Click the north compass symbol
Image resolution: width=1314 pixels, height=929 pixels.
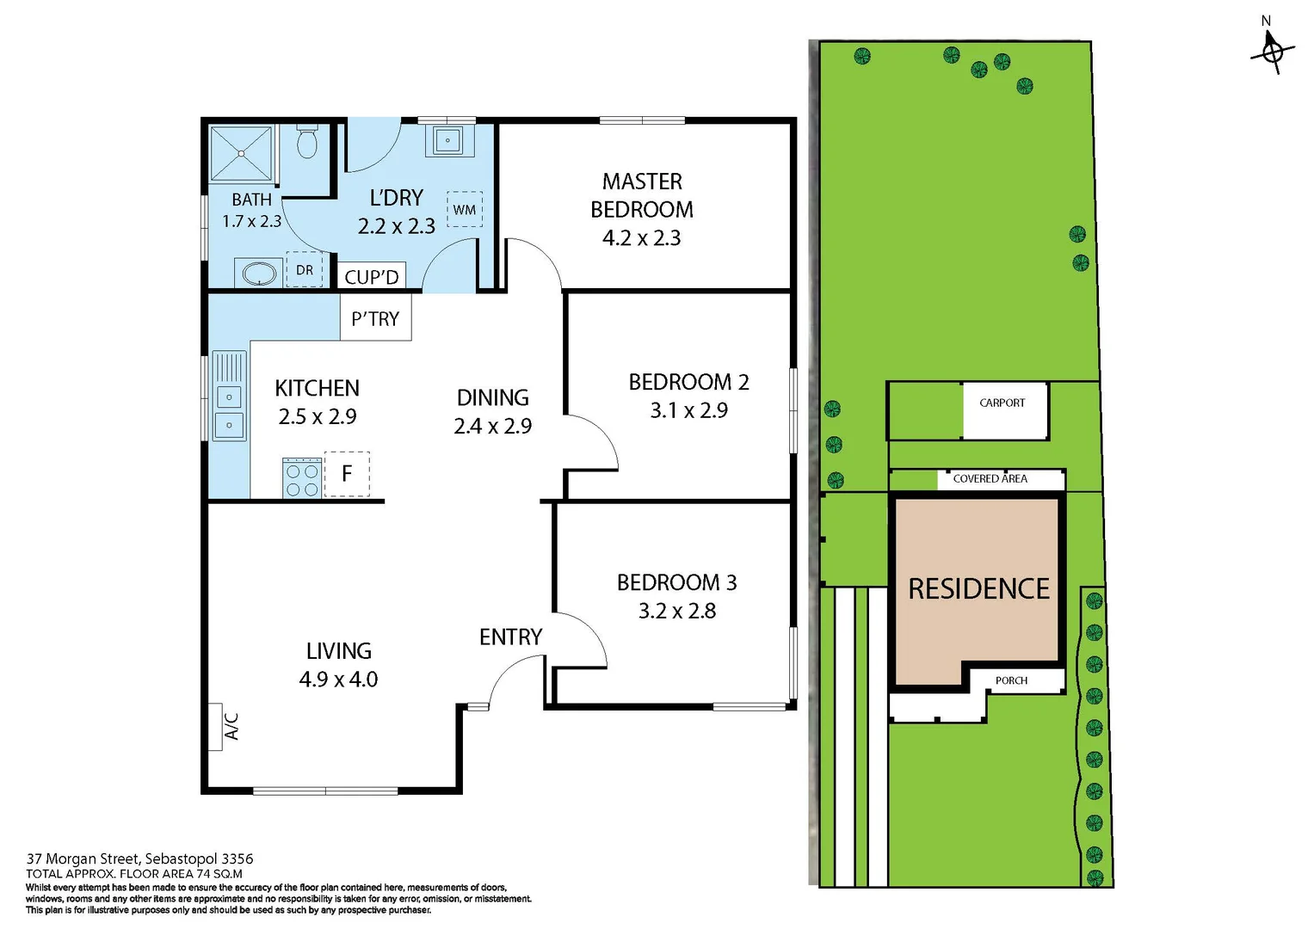[x=1272, y=50]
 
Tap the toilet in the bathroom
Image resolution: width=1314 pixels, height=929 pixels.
[x=307, y=142]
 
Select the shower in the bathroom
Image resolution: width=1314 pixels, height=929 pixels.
[x=242, y=154]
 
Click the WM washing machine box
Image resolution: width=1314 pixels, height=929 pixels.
[x=465, y=209]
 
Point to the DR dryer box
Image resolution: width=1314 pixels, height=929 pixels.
[x=305, y=269]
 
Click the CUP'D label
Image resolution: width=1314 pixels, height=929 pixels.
[x=371, y=277]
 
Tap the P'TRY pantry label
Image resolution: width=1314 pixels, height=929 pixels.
[x=375, y=318]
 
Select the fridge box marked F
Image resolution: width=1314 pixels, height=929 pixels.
[x=347, y=473]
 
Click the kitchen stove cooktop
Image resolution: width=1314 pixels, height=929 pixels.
[x=302, y=478]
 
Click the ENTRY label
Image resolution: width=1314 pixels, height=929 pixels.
[x=510, y=637]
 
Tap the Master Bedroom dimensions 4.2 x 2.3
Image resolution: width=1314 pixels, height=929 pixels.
[x=641, y=238]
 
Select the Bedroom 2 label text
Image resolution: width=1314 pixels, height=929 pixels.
[x=688, y=382]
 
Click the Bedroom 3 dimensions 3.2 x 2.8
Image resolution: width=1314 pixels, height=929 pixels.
[x=676, y=611]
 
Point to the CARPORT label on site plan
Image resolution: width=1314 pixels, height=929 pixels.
[x=1002, y=403]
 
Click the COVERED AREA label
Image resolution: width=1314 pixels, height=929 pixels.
[x=990, y=478]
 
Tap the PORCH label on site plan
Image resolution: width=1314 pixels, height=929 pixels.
[x=1011, y=680]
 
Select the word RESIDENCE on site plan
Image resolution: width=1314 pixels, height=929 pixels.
[x=978, y=589]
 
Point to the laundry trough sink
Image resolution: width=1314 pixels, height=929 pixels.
[x=447, y=139]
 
